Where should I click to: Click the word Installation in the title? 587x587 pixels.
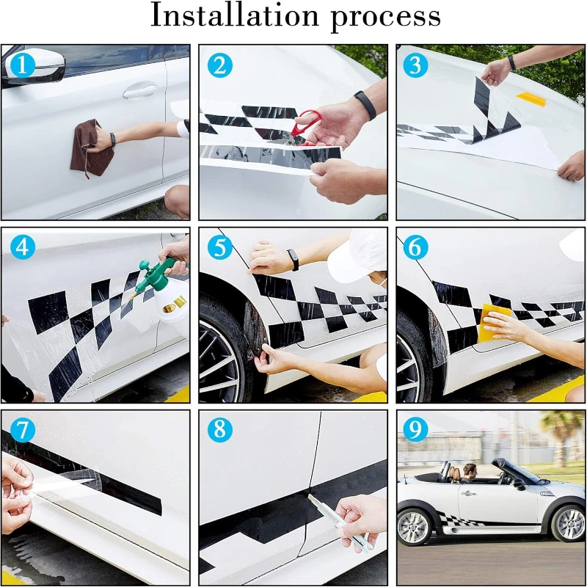coord(234,15)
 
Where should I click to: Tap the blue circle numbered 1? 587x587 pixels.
coord(22,65)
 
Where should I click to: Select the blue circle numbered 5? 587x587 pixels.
coord(219,247)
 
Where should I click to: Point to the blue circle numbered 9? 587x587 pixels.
coord(415,429)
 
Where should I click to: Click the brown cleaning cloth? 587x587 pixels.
coord(90,149)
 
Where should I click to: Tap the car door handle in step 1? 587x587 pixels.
coord(140,91)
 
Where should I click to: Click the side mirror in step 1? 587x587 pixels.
coord(34,67)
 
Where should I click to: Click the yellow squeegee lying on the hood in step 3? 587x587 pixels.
coord(531,99)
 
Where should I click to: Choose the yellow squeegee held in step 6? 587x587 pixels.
coord(493,322)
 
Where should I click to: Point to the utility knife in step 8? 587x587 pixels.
coord(340,522)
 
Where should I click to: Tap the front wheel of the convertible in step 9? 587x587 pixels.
coord(570,523)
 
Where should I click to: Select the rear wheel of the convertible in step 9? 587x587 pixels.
coord(415,528)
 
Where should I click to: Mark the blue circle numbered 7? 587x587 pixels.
coord(22,429)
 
